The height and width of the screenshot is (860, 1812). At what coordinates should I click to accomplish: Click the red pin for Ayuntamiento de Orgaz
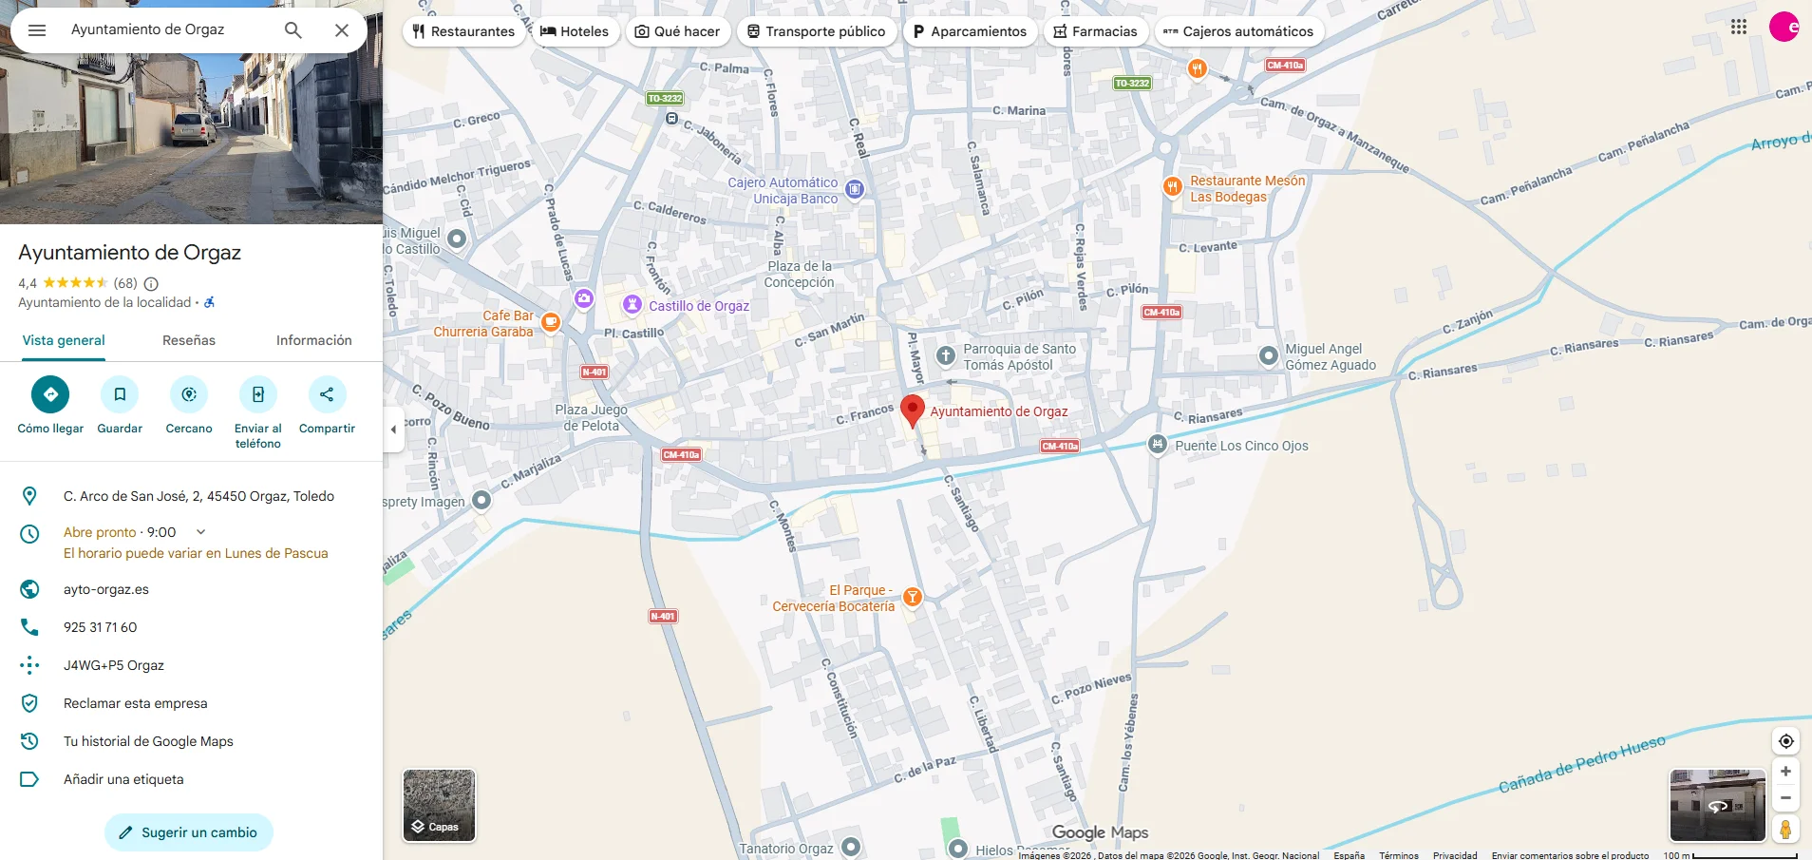[912, 410]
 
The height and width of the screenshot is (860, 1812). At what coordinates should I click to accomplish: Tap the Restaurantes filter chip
[463, 31]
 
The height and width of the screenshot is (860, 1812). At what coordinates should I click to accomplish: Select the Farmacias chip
[1095, 31]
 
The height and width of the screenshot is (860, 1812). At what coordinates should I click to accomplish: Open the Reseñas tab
[189, 340]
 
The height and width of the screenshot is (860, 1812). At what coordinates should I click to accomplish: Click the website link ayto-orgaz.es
[106, 589]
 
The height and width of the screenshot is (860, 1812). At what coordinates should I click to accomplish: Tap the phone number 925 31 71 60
[101, 627]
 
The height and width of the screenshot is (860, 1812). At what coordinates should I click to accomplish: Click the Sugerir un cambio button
[189, 832]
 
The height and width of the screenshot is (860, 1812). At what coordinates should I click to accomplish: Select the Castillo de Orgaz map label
[698, 306]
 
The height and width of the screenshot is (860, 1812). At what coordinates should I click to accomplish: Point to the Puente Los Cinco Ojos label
[1240, 446]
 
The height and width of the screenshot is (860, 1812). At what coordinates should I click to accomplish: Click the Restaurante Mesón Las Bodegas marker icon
[1173, 186]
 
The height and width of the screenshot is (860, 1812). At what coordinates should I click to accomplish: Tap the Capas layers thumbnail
[439, 805]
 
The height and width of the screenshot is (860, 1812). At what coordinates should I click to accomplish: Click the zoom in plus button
[1785, 772]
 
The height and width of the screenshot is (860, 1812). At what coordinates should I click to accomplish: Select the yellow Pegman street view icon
[1785, 830]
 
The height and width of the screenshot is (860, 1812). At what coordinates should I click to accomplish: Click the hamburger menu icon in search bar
[37, 30]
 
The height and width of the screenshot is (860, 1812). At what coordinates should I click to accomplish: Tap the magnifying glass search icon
[293, 30]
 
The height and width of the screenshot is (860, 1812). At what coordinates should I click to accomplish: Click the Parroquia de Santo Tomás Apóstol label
[1019, 356]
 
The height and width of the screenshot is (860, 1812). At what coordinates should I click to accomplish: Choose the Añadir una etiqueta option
[123, 779]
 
